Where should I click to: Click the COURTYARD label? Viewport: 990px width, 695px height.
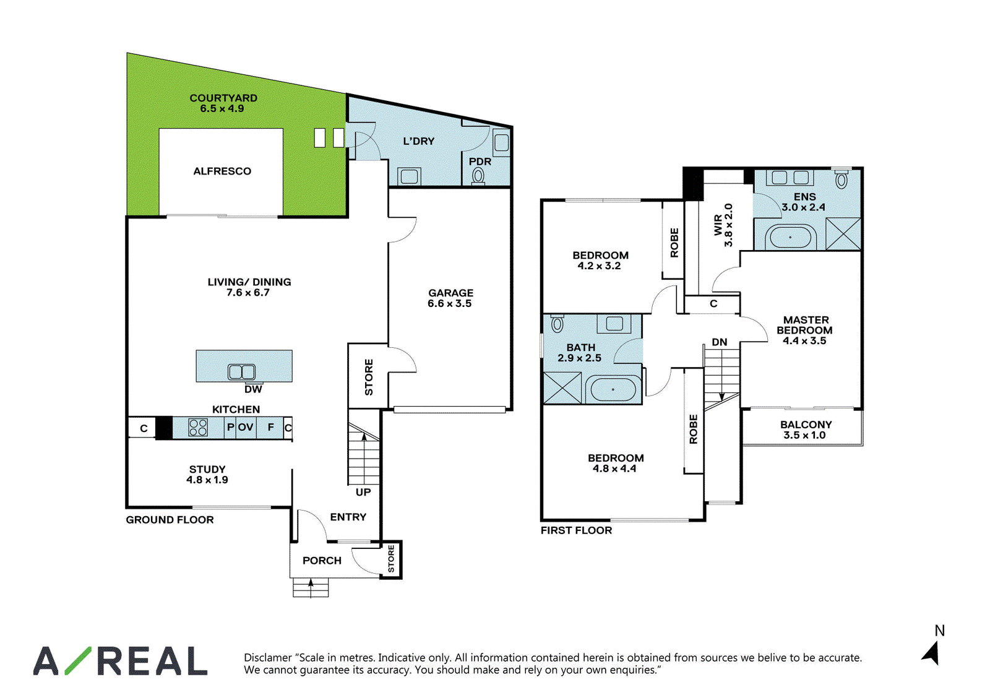coord(223,98)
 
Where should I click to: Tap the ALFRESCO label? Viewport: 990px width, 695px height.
coord(222,171)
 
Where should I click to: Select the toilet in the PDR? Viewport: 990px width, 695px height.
coord(478,176)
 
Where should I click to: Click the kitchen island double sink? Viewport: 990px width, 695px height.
coord(241,372)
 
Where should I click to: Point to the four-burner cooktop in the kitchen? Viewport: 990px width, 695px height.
coord(197,428)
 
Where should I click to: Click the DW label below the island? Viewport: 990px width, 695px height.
coord(253,389)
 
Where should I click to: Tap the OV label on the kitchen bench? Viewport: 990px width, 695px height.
coord(246,426)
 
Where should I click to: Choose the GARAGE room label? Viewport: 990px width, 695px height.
coord(450,293)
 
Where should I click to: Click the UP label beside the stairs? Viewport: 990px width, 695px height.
coord(363,492)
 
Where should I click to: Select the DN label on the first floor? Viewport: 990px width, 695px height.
coord(719,342)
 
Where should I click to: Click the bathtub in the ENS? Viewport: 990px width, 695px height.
coord(791,238)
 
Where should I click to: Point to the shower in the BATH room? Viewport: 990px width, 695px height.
coord(562,388)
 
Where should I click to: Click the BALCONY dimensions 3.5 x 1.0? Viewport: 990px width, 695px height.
coord(804,435)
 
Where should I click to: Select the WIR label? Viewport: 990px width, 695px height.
coord(718,225)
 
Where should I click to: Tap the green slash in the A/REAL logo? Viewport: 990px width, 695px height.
coord(78,660)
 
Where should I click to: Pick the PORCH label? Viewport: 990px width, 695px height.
coord(322,561)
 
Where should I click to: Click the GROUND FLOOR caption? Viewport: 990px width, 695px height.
coord(170,520)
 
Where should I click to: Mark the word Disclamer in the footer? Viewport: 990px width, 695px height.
coord(268,658)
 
